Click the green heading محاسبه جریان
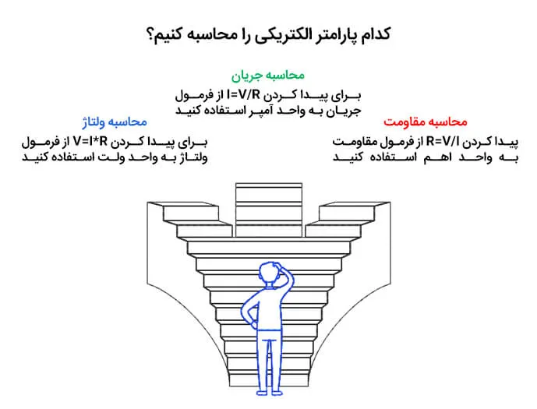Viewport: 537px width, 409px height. [268, 76]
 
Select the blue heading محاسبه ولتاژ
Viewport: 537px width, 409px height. [115, 122]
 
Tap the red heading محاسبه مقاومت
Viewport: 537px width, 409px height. [426, 122]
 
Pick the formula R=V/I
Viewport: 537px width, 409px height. [442, 141]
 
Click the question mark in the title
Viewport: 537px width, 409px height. [150, 35]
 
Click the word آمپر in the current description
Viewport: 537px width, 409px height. [262, 111]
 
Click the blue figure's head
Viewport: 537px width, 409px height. [268, 273]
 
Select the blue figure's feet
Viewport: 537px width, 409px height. [270, 393]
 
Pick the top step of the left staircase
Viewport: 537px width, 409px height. [190, 213]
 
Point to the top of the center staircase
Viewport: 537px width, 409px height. [269, 185]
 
